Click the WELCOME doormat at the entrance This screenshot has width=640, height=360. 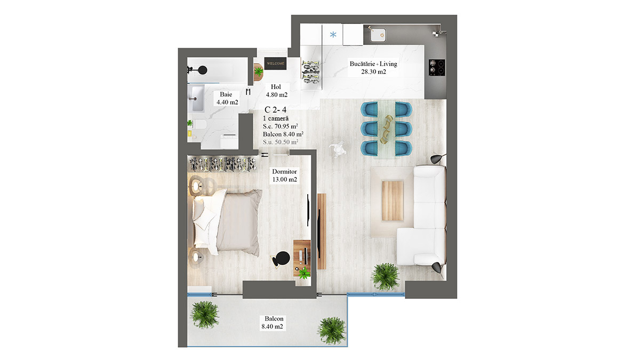coord(275,63)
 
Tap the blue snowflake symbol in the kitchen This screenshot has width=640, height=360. coord(333,35)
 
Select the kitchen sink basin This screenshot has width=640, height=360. coord(378,35)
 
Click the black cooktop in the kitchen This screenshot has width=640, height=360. coord(437,68)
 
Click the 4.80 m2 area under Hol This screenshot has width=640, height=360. coord(277,94)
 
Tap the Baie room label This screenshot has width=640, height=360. coord(226,94)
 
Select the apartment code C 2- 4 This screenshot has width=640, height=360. coord(275,110)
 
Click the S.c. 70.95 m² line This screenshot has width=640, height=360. coord(281,126)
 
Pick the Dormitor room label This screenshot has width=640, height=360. coord(284,171)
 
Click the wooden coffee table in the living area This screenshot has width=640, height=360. coord(393,201)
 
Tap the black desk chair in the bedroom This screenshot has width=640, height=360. coord(281,259)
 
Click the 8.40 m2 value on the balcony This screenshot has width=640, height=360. coord(272,326)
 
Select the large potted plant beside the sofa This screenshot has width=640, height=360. coord(385,277)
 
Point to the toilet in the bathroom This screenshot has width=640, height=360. coord(199,125)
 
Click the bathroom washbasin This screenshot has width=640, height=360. coord(197,99)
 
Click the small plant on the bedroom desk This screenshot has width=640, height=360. coord(304,273)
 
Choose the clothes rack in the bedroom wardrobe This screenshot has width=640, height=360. coord(223,165)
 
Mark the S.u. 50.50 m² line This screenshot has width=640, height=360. coord(281,142)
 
